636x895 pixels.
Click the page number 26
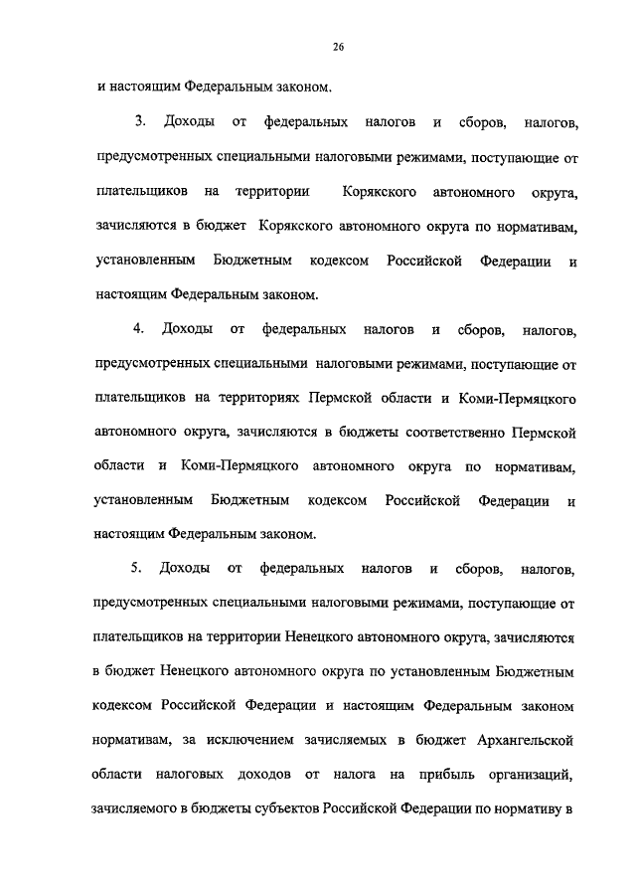coord(338,46)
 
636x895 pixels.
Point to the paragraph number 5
coord(139,568)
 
